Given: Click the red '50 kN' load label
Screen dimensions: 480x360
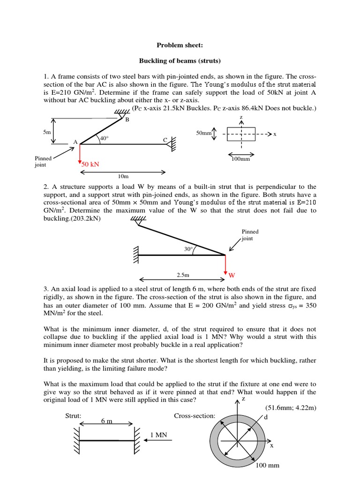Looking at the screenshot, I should [x=91, y=165].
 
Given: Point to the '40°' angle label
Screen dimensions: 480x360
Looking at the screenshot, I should [x=104, y=138].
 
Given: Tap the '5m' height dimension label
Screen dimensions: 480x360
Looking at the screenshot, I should [x=46, y=133].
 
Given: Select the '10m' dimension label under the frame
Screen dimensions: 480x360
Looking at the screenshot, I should [x=123, y=177].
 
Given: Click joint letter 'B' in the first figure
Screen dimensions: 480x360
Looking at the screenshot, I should [x=127, y=120].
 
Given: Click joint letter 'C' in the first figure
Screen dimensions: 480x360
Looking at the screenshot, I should [x=165, y=140].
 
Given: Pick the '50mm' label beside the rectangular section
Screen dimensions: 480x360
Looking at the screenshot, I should [x=204, y=134].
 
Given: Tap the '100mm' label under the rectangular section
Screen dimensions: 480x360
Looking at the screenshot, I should [x=241, y=159].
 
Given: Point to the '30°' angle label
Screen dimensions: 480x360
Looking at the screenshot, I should [x=189, y=249].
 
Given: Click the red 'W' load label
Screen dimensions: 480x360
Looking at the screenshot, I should [x=232, y=274].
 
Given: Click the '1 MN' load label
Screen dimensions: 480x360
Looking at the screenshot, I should [x=159, y=435].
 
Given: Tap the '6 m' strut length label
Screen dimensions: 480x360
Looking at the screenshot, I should [x=107, y=421].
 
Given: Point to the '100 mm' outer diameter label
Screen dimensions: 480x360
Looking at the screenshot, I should [x=267, y=465].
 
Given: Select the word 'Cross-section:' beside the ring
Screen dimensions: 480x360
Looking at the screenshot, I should [x=195, y=416].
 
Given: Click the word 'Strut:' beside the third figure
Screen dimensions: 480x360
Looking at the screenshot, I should [x=74, y=416].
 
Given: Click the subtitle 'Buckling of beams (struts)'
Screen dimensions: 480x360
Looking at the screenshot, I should [x=180, y=61].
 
